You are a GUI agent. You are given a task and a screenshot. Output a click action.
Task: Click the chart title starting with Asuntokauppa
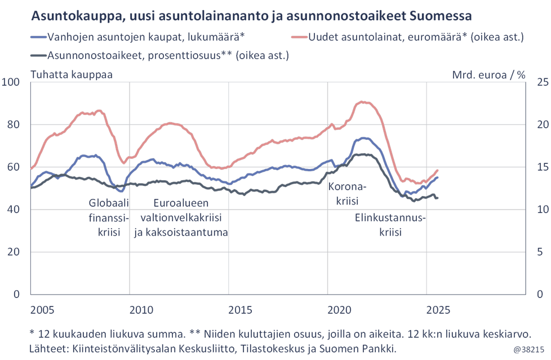click(251, 15)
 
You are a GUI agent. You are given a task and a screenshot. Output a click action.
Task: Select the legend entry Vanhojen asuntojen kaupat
click(145, 38)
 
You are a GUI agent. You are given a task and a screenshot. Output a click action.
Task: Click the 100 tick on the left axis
click(12, 82)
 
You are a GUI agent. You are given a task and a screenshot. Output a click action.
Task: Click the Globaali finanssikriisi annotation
click(109, 217)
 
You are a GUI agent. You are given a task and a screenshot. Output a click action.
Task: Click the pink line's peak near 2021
click(363, 102)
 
